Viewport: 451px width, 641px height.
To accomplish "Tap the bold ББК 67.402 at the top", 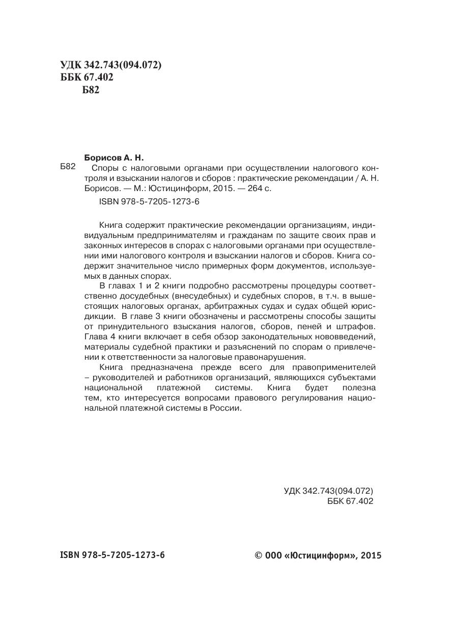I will pyautogui.click(x=86, y=77).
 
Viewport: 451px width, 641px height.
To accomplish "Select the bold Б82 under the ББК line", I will pyautogui.click(x=90, y=91).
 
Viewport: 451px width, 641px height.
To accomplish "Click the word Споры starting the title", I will pyautogui.click(x=103, y=168).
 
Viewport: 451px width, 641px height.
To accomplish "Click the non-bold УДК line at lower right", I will pyautogui.click(x=328, y=491).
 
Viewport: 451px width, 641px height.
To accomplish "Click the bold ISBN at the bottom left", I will pyautogui.click(x=112, y=554).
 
